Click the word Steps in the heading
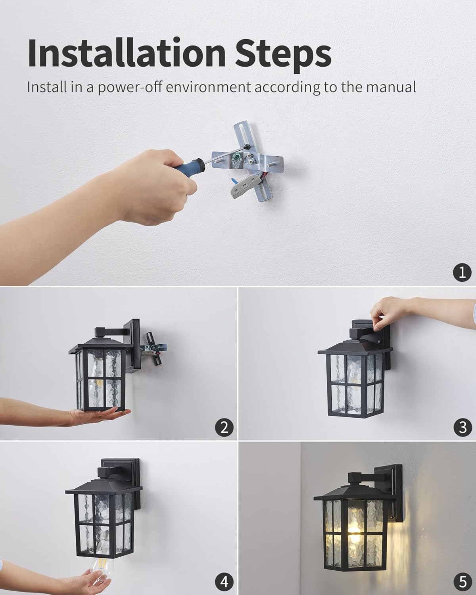click(283, 54)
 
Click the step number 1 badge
click(462, 273)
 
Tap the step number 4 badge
click(224, 582)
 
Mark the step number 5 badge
click(462, 582)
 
